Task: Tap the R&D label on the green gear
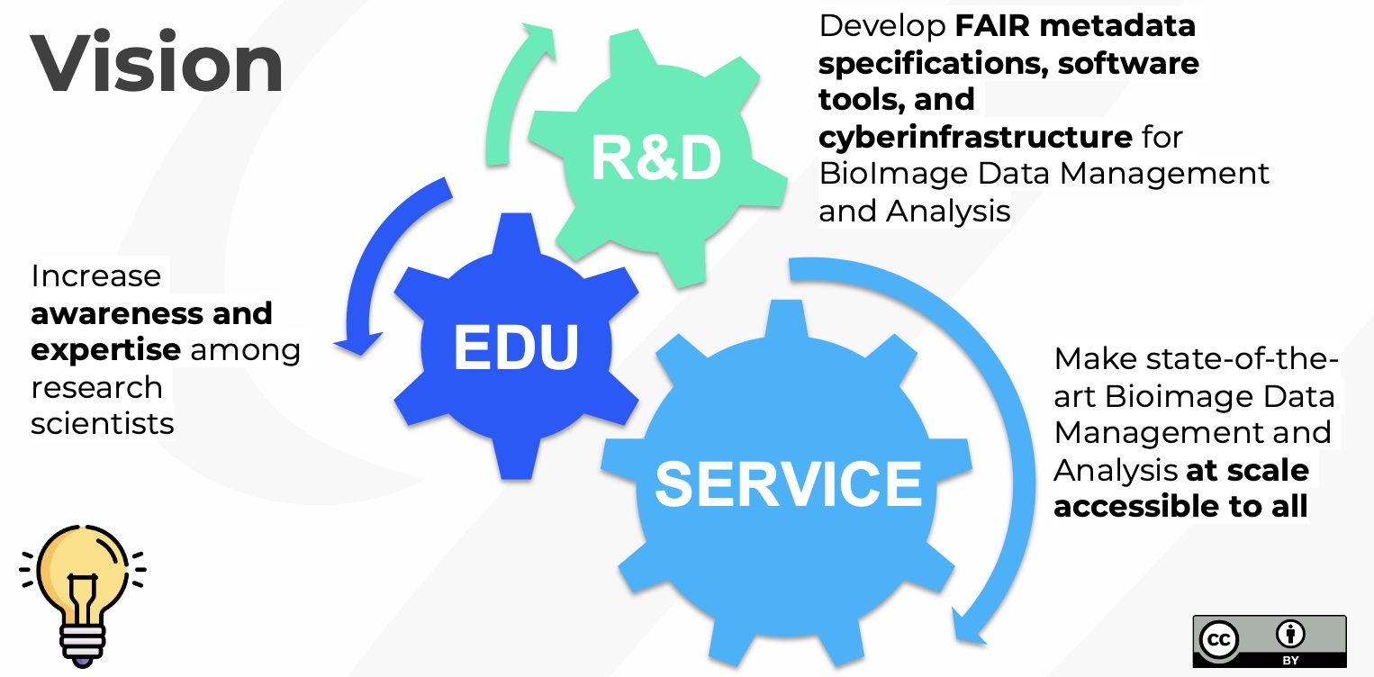pos(655,158)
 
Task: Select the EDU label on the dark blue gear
pos(516,348)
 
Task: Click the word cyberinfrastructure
pos(975,137)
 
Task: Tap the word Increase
pos(95,275)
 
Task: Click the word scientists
pos(102,423)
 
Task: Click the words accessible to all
pos(1180,506)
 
